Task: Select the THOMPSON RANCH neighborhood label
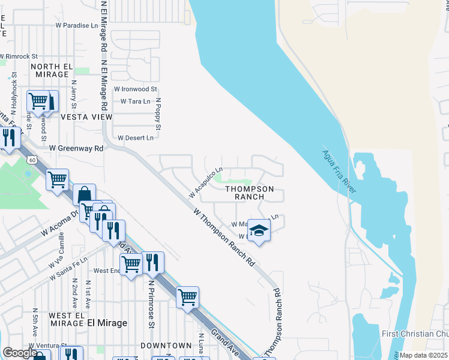[249, 193]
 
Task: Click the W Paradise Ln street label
[76, 26]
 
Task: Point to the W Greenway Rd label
[76, 147]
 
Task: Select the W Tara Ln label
[135, 101]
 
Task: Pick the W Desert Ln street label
[136, 137]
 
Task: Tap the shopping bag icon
[84, 194]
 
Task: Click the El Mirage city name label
[107, 323]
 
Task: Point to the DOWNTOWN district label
[166, 346]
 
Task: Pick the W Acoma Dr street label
[59, 223]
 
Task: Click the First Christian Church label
[414, 334]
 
